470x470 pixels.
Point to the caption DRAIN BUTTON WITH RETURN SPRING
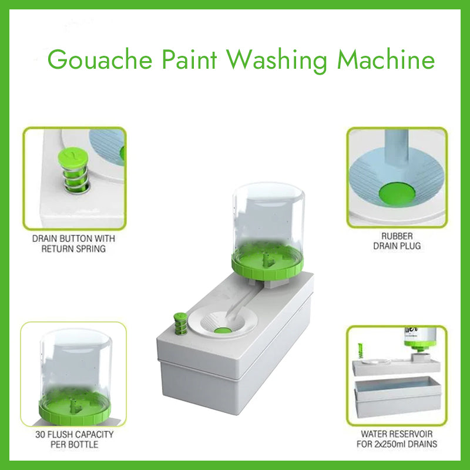[x=73, y=244]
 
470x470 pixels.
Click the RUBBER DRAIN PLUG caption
[x=397, y=241]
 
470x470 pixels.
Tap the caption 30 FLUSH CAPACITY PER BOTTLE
[x=73, y=439]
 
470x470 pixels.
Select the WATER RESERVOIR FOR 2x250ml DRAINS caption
[x=397, y=439]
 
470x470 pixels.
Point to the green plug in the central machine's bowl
[x=222, y=331]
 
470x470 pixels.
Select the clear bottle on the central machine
[x=267, y=217]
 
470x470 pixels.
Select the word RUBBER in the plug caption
[x=397, y=236]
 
